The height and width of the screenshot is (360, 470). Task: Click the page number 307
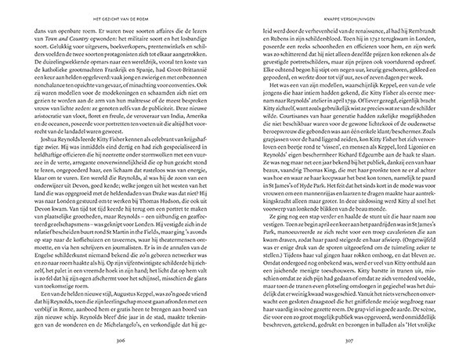(x=342, y=341)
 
